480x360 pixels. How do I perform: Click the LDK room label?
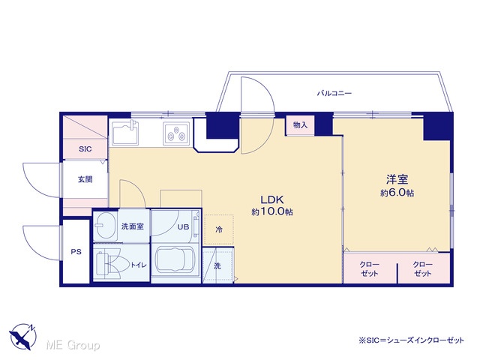click(x=272, y=200)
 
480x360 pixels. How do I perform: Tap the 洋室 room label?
click(x=397, y=179)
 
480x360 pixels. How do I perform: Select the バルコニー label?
click(x=334, y=93)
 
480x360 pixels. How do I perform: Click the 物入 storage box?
click(x=300, y=125)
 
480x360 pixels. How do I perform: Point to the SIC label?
click(x=85, y=149)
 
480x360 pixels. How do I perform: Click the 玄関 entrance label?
click(x=85, y=179)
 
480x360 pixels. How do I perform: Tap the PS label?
click(x=76, y=252)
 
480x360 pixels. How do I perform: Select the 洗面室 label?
click(x=132, y=226)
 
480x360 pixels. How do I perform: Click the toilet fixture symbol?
click(x=112, y=263)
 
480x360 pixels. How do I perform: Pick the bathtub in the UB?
click(x=175, y=263)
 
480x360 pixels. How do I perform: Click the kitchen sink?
click(x=125, y=133)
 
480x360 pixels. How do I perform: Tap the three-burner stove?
click(x=176, y=133)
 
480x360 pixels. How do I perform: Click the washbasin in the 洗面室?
click(x=105, y=226)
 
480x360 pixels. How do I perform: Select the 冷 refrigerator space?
click(x=219, y=229)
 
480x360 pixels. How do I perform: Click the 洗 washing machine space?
click(x=217, y=265)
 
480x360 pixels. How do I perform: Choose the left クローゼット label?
click(x=370, y=268)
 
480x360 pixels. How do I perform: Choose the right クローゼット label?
click(x=422, y=268)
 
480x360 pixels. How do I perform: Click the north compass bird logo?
click(x=23, y=337)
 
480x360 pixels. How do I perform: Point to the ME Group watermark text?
click(x=73, y=345)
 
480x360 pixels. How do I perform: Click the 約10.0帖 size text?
click(x=272, y=211)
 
